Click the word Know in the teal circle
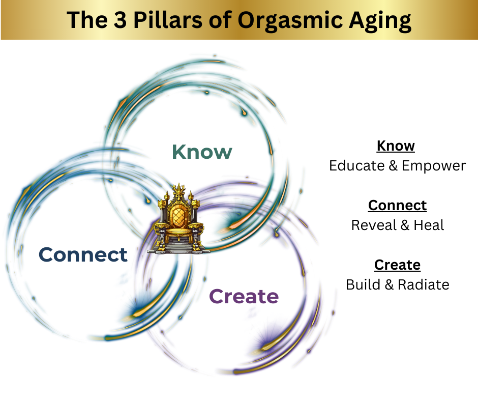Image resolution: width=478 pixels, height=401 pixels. [202, 152]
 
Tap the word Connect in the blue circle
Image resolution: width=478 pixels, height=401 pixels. [83, 254]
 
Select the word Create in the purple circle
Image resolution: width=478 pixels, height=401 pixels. [244, 296]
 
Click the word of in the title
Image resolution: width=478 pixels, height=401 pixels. [214, 20]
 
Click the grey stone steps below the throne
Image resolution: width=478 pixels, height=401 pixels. [178, 249]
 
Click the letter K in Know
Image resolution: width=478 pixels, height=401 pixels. [178, 152]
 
